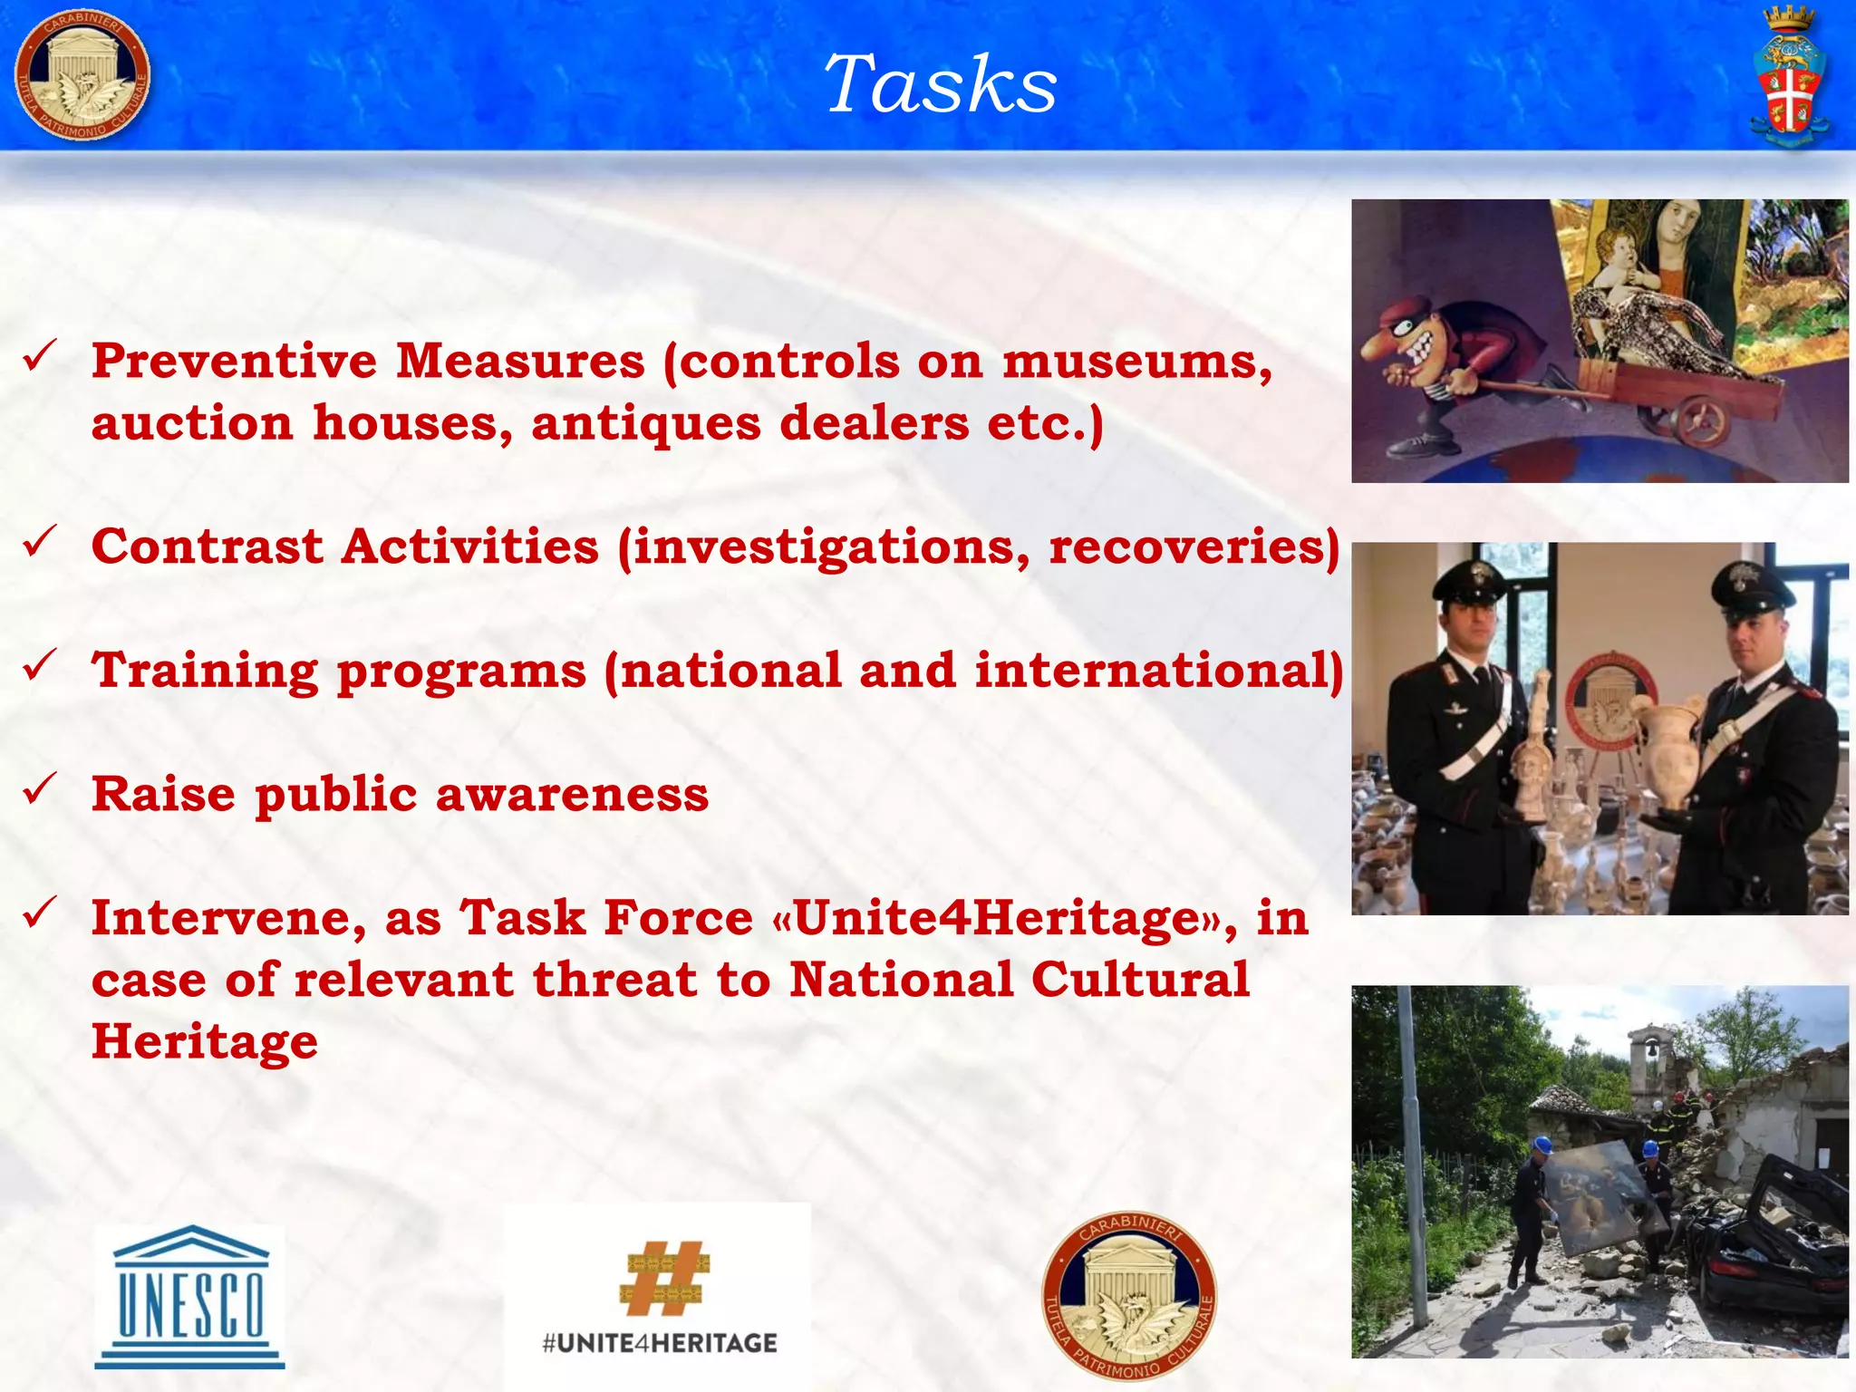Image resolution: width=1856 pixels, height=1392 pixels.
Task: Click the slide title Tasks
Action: pyautogui.click(x=940, y=84)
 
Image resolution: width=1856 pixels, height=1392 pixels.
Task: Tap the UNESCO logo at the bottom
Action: pyautogui.click(x=189, y=1296)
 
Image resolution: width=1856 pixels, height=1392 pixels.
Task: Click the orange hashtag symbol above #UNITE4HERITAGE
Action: pyautogui.click(x=664, y=1278)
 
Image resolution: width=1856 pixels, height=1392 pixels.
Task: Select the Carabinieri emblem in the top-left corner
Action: pyautogui.click(x=82, y=77)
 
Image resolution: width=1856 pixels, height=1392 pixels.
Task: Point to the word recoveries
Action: pyautogui.click(x=1193, y=547)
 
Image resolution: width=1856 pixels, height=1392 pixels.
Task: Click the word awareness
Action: pyautogui.click(x=572, y=795)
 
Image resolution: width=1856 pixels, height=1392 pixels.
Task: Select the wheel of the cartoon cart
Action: pyautogui.click(x=1700, y=419)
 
